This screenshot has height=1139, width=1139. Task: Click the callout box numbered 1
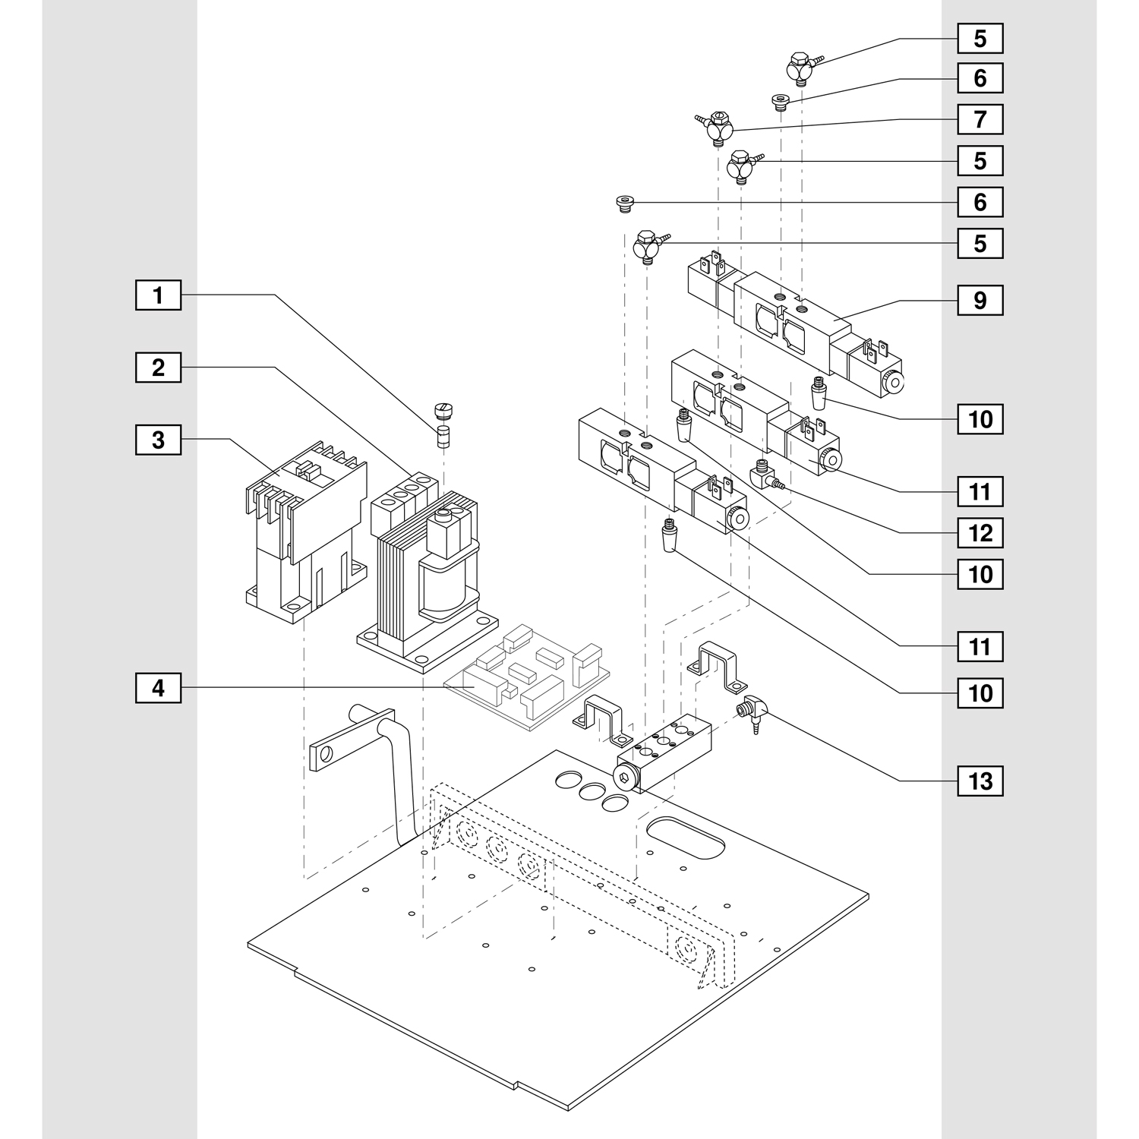pyautogui.click(x=158, y=295)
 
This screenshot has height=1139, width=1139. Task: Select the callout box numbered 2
pyautogui.click(x=158, y=368)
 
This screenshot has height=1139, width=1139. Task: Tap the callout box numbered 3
pyautogui.click(x=158, y=440)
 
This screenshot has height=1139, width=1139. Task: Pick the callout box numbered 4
pyautogui.click(x=158, y=688)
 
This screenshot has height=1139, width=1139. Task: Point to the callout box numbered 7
pyautogui.click(x=980, y=119)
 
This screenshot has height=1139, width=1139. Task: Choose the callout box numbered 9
pyautogui.click(x=980, y=300)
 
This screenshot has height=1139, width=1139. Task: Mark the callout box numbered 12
pyautogui.click(x=980, y=533)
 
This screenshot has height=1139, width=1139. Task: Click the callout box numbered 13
pyautogui.click(x=980, y=781)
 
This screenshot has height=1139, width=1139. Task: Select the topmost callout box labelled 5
pyautogui.click(x=980, y=38)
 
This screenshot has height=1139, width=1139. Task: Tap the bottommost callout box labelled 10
pyautogui.click(x=980, y=693)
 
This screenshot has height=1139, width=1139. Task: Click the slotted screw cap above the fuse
pyautogui.click(x=442, y=412)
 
